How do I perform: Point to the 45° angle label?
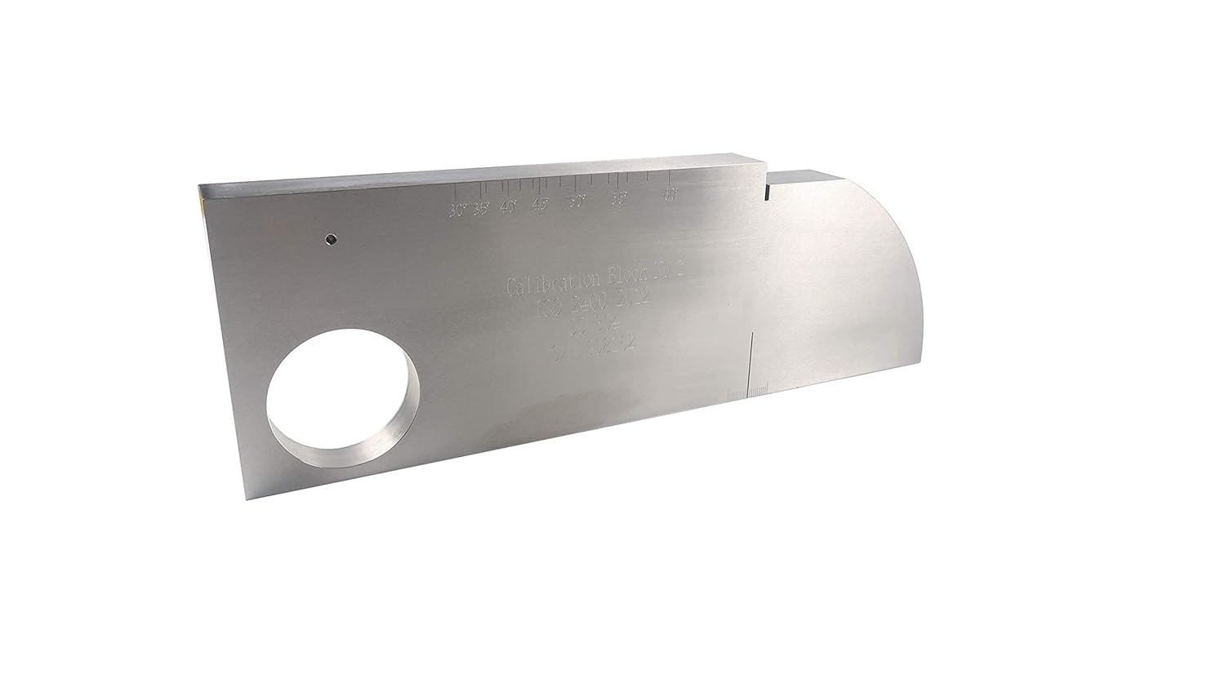coord(540,204)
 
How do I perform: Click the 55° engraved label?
coord(619,198)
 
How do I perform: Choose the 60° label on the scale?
coord(671,194)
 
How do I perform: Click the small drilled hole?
coord(330,240)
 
